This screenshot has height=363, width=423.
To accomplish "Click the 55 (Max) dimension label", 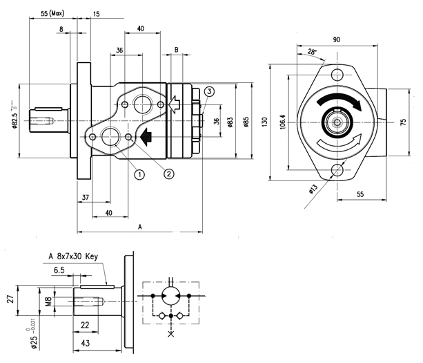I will point(52,14).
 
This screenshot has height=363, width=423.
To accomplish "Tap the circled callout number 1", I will point(139,174).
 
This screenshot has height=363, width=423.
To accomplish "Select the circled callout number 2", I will point(168,174).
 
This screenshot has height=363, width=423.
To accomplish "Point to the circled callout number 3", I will point(209,91).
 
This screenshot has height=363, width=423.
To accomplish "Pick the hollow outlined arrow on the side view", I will point(175,104).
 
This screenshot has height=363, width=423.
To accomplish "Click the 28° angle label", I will point(311,52).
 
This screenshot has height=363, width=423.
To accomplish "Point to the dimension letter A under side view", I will point(140,226).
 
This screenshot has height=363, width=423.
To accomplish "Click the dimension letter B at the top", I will point(177,50).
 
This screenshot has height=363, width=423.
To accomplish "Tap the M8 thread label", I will point(48,301).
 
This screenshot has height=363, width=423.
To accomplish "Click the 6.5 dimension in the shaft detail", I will point(60,270).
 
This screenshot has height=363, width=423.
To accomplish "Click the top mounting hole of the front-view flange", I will point(337,75).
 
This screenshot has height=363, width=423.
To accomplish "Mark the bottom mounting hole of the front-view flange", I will point(338,170).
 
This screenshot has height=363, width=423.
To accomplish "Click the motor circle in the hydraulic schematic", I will point(170,295).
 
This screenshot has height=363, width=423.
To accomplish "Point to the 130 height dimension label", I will point(264,121).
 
